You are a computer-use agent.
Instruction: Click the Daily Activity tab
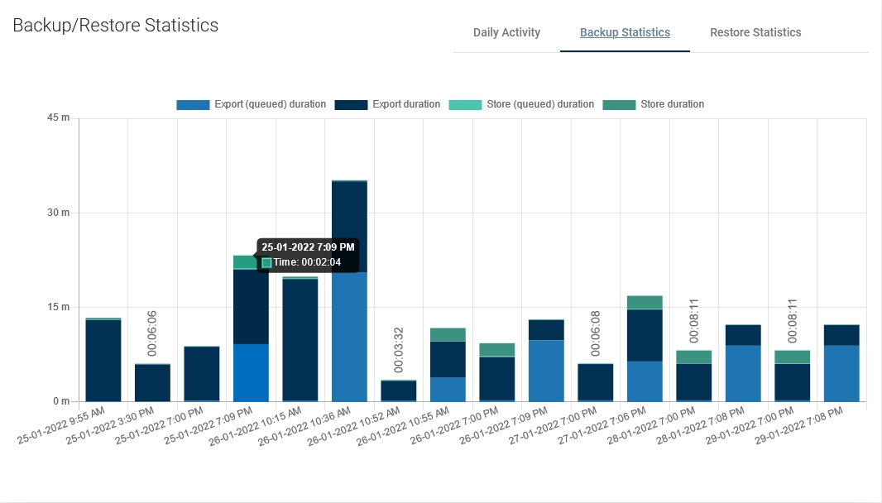tap(506, 33)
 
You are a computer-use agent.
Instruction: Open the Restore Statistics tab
tap(755, 33)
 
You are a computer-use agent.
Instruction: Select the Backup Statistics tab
tap(625, 33)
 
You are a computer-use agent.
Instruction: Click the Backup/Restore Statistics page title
tap(116, 26)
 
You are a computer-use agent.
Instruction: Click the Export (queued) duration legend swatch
tap(193, 105)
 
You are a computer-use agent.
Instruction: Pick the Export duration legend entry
tap(406, 105)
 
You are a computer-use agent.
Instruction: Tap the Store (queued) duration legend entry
tap(533, 105)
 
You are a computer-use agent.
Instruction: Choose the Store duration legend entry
tap(672, 105)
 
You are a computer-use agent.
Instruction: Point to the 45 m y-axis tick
tap(58, 118)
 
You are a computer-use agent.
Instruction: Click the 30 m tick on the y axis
tap(58, 213)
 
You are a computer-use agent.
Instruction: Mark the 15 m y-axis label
tap(58, 308)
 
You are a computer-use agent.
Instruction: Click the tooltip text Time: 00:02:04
tap(307, 262)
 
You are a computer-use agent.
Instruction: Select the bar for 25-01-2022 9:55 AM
tap(103, 360)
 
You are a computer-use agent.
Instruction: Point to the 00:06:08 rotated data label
tap(596, 334)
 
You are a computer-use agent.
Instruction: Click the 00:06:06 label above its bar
tap(152, 334)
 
